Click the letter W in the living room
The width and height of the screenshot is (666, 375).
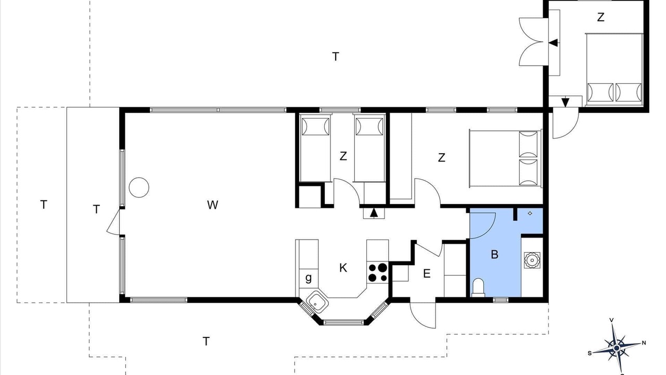(213, 205)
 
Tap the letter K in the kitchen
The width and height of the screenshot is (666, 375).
(343, 268)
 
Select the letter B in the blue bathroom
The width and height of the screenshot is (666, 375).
(494, 255)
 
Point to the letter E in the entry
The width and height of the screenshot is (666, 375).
(427, 273)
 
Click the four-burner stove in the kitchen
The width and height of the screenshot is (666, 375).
(378, 272)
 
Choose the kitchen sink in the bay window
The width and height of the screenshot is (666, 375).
(317, 303)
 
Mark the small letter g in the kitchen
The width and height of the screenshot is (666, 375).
(309, 278)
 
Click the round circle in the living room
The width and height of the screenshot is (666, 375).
(139, 187)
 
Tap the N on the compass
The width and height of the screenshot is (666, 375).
(644, 343)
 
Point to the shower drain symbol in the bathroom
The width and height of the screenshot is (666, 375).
(530, 214)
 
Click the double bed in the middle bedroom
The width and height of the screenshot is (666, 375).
(505, 158)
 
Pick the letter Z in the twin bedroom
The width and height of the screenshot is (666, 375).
(343, 156)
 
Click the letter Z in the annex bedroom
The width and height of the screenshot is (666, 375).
(600, 17)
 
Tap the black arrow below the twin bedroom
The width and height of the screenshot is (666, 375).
(374, 213)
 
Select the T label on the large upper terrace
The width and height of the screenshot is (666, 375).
(336, 57)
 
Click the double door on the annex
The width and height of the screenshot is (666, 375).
(534, 42)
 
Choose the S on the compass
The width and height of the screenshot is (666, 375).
(590, 353)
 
